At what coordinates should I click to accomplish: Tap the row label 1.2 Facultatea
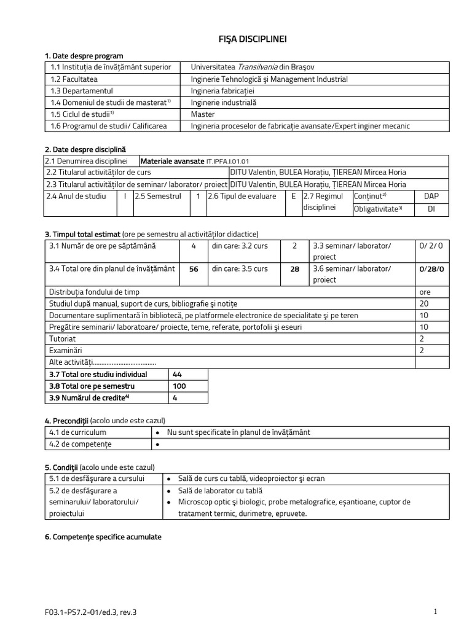pos(74,79)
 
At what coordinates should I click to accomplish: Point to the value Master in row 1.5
pos(203,114)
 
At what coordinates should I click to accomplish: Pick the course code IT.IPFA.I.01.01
pos(228,161)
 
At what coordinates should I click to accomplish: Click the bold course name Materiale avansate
pos(173,161)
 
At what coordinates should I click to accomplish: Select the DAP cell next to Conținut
pos(431,196)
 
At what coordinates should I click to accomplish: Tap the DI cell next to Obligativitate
pos(431,209)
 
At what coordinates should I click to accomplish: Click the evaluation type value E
pos(294,196)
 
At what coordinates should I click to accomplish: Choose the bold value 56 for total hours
pos(194,269)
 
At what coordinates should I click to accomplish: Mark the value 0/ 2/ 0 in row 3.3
pos(431,246)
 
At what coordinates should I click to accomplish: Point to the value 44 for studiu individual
pos(178,374)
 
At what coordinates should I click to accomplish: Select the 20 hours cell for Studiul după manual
pos(424,303)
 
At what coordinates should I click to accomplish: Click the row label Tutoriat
pos(63,338)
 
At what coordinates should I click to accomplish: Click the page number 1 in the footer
pos(435,612)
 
